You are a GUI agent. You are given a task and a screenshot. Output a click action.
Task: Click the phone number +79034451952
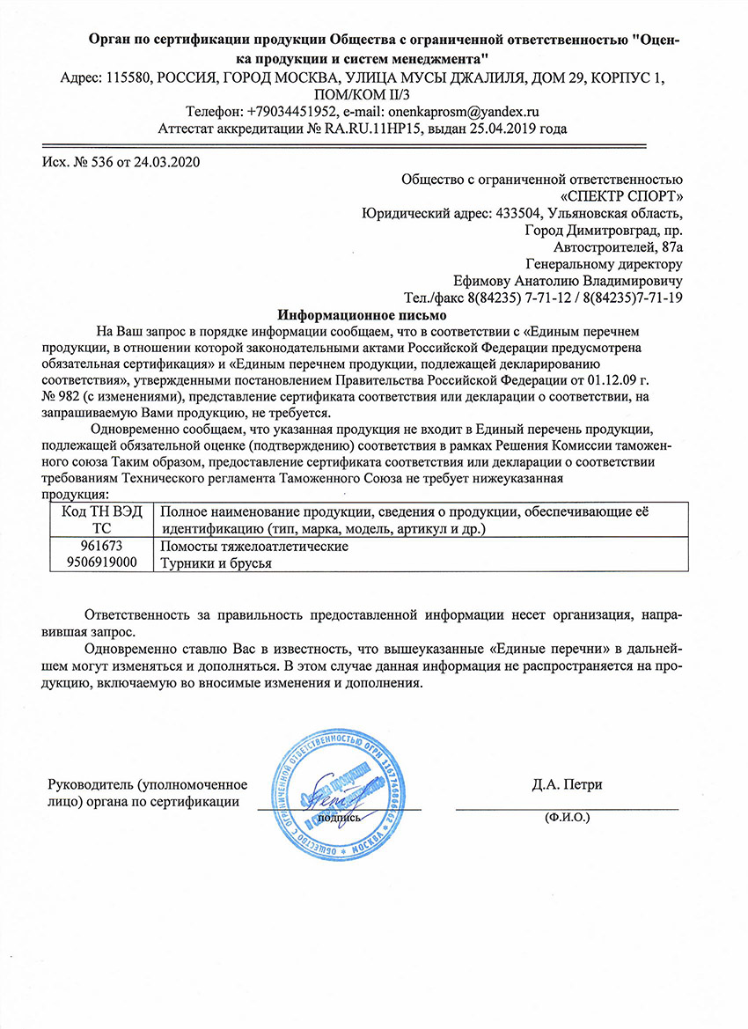click(290, 112)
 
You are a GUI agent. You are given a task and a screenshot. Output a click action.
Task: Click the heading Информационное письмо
click(363, 314)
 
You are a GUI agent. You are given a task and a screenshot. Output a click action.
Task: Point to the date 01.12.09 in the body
click(606, 381)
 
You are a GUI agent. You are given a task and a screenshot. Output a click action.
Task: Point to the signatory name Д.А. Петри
click(567, 784)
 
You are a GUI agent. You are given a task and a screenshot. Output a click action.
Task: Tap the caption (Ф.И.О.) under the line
click(567, 817)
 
